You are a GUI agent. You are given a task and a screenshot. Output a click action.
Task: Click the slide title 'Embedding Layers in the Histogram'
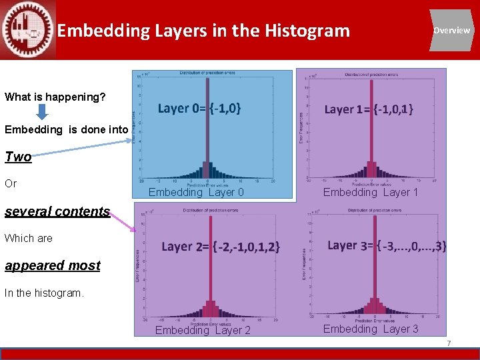pyautogui.click(x=203, y=31)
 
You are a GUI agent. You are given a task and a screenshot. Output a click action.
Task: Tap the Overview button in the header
pyautogui.click(x=451, y=31)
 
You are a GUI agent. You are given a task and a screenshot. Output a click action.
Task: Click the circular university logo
pyautogui.click(x=27, y=30)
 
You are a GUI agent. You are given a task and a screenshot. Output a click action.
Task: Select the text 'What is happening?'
pyautogui.click(x=55, y=97)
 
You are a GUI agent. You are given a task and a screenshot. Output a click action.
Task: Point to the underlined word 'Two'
pyautogui.click(x=18, y=157)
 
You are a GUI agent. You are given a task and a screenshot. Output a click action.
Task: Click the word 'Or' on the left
pyautogui.click(x=11, y=183)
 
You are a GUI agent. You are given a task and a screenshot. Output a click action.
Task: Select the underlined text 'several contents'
pyautogui.click(x=57, y=211)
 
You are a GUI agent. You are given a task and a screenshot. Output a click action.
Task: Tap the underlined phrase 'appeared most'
pyautogui.click(x=53, y=265)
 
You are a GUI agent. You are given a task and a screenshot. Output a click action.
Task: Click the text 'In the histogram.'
pyautogui.click(x=44, y=293)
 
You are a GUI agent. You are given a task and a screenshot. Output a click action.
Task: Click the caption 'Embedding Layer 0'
pyautogui.click(x=196, y=193)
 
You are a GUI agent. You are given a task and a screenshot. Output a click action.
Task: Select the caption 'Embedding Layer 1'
pyautogui.click(x=371, y=193)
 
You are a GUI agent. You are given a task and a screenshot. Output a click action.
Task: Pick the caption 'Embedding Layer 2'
pyautogui.click(x=203, y=331)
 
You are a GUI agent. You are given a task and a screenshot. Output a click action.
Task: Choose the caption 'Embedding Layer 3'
pyautogui.click(x=371, y=329)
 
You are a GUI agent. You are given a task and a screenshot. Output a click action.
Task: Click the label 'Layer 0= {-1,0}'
pyautogui.click(x=199, y=108)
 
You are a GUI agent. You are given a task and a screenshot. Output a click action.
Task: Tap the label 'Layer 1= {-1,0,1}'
pyautogui.click(x=368, y=109)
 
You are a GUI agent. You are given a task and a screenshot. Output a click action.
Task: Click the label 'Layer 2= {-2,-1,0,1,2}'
pyautogui.click(x=221, y=247)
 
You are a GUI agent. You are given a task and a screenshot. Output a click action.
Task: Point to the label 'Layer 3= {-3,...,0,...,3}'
pyautogui.click(x=387, y=246)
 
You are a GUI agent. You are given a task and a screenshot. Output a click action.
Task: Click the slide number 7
pyautogui.click(x=449, y=343)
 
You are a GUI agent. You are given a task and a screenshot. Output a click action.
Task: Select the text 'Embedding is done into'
pyautogui.click(x=66, y=130)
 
